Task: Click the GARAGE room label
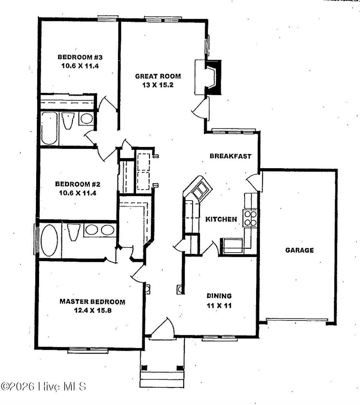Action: point(299,251)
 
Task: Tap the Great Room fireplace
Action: point(212,77)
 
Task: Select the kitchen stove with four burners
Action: point(250,218)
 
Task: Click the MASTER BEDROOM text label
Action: point(92,302)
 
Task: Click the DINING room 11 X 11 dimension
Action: point(219,306)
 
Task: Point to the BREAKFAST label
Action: point(231,156)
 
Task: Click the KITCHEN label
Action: point(221,219)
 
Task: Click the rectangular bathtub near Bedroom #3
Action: point(49,128)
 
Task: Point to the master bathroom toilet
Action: point(73,232)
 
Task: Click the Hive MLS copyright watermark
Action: point(44,386)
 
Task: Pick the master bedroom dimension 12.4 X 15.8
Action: point(92,311)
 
